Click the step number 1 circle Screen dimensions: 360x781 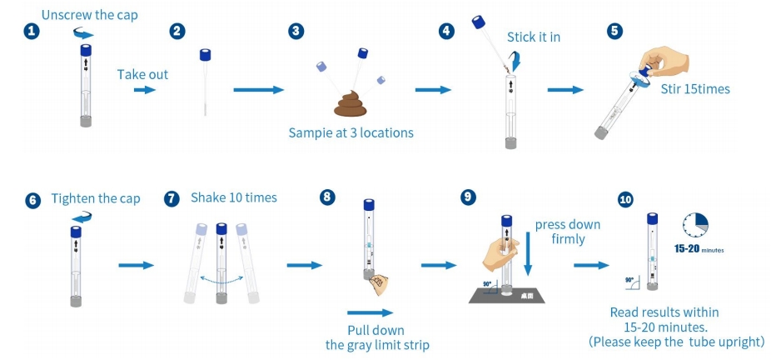point(32,31)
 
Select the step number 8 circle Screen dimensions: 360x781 point(327,198)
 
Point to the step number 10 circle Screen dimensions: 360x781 point(625,200)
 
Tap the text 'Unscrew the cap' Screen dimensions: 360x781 point(89,15)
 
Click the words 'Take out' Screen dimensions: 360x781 point(142,74)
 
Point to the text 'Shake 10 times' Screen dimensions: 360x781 point(234,197)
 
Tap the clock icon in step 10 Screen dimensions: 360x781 point(695,225)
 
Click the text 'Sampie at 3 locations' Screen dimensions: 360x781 point(351,132)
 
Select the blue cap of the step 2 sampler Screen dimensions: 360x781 point(206,55)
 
